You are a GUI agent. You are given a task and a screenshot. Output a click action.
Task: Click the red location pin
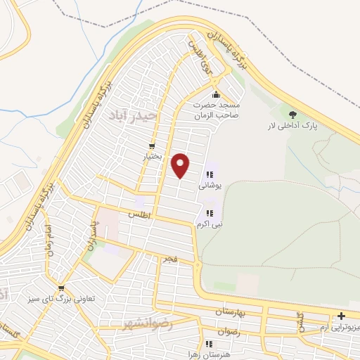pyautogui.click(x=182, y=165)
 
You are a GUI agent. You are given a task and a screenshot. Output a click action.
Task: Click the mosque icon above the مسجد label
pyautogui.click(x=216, y=95)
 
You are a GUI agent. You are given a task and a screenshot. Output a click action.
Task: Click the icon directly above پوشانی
pyautogui.click(x=210, y=175)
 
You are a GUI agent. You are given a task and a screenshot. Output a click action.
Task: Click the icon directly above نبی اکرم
pyautogui.click(x=209, y=213)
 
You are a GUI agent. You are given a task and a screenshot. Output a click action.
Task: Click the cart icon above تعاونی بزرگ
pyautogui.click(x=62, y=288)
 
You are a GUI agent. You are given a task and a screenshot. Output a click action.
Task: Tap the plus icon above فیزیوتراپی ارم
pyautogui.click(x=342, y=317)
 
